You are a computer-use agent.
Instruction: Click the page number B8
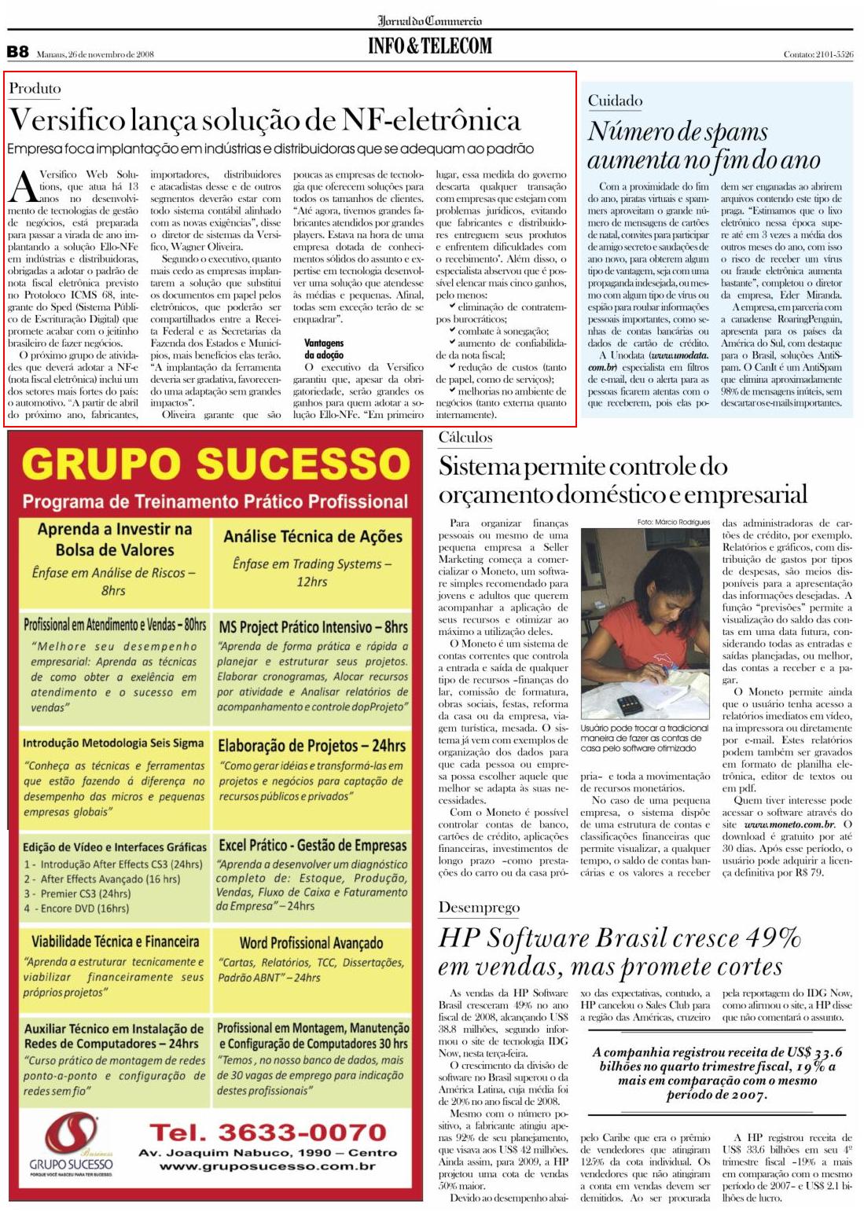17,52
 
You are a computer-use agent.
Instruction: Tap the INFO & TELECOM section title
430,46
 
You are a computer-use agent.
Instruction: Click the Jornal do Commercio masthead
430,20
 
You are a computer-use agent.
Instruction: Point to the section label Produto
35,89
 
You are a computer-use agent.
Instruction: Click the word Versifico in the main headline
67,120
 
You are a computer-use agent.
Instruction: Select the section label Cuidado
615,101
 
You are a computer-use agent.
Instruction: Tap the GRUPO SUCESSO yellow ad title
215,464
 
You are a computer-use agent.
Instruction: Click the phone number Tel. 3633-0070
268,1132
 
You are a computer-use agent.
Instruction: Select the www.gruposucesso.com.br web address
267,1165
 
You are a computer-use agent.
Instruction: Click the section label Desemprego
479,908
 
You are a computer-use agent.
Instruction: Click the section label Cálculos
465,438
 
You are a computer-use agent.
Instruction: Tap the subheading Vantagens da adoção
324,349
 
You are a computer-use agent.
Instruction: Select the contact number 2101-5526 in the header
834,54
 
